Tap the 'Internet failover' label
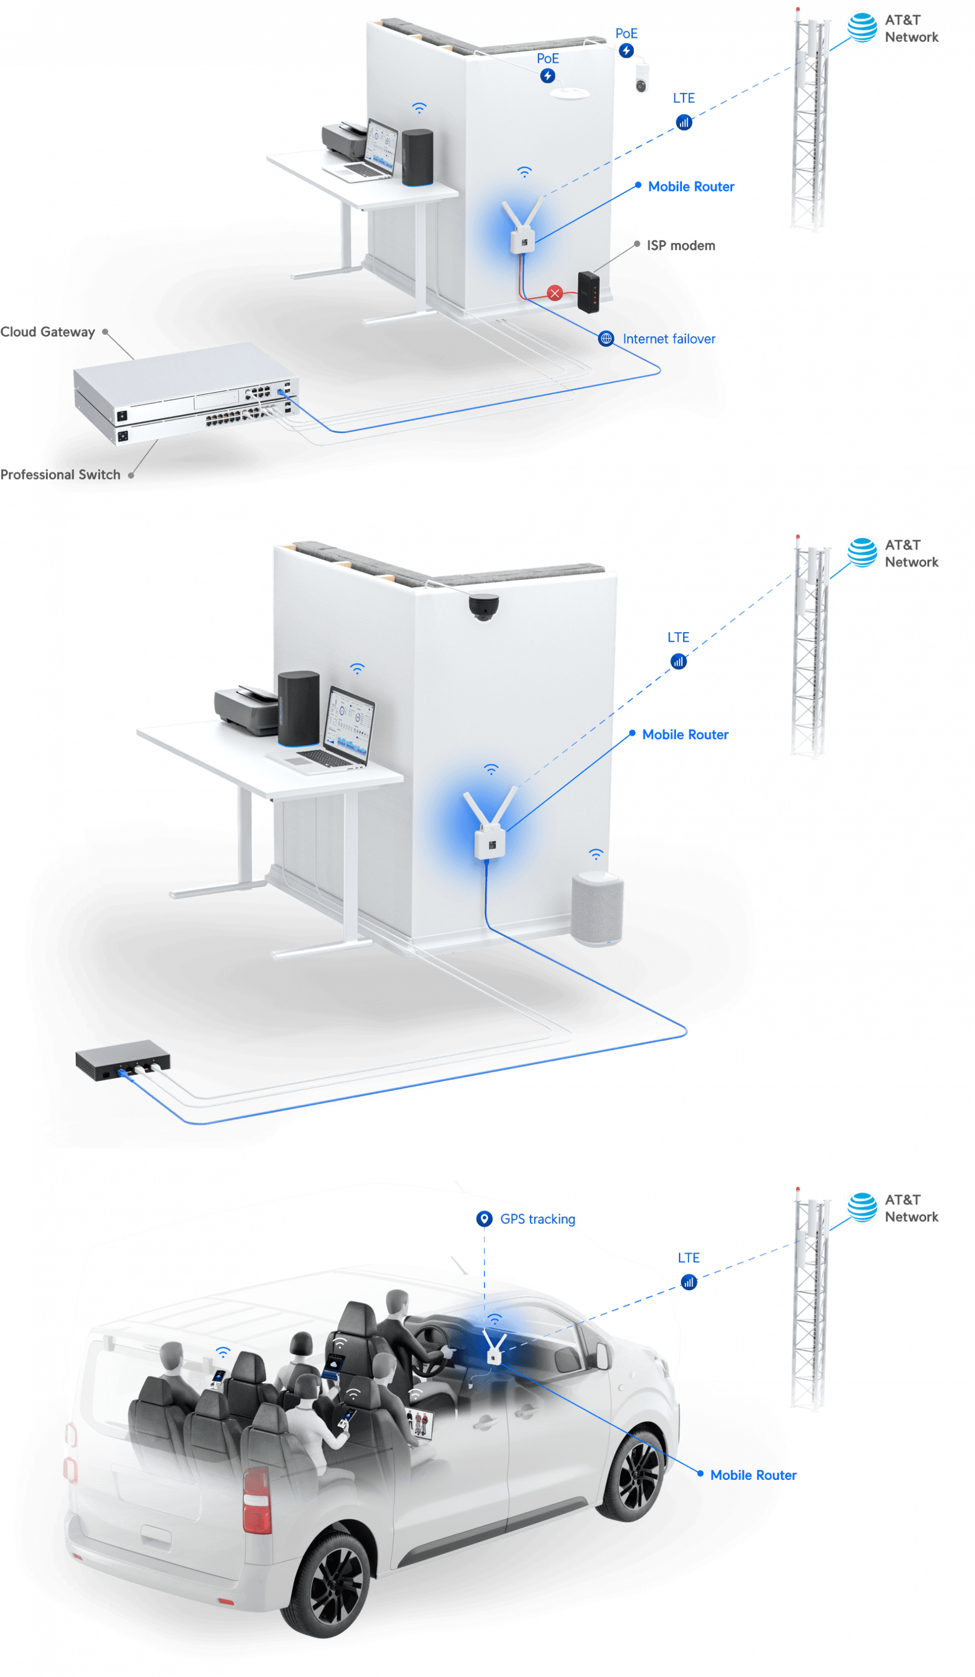click(669, 339)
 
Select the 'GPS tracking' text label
click(537, 1218)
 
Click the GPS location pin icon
click(484, 1218)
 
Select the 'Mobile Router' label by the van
click(753, 1475)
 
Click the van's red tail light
click(257, 1500)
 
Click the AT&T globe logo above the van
click(862, 1207)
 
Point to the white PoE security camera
click(641, 78)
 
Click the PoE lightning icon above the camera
click(626, 50)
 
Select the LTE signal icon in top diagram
click(684, 122)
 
